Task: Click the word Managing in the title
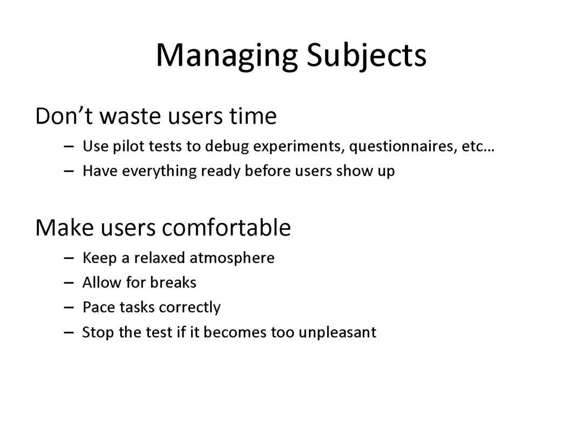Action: [227, 56]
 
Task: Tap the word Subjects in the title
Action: [367, 56]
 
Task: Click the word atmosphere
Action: [232, 258]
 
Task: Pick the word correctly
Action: [189, 308]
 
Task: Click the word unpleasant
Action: [337, 332]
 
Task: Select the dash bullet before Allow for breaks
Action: [69, 283]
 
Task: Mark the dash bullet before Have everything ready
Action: [69, 172]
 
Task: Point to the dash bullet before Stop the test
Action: [69, 333]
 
